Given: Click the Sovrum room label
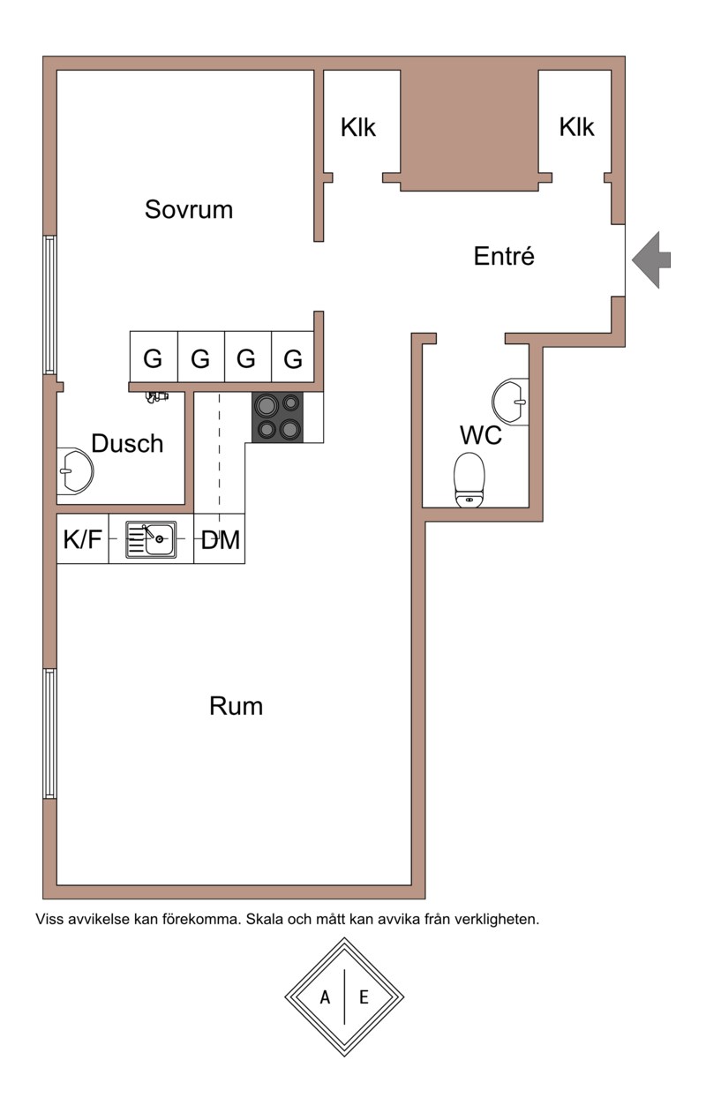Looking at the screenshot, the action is [x=189, y=210].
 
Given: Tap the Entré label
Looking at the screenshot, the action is [x=504, y=256].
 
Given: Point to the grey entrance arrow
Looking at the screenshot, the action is [x=651, y=259].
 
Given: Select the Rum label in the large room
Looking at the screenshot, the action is [x=236, y=706].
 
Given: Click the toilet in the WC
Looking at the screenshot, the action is [x=469, y=480].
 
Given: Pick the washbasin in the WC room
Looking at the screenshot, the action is [x=510, y=402].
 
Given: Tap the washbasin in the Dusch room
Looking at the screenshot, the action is [x=75, y=471].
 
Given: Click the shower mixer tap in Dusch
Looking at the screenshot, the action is [x=157, y=397].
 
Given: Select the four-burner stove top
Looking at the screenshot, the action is [x=278, y=417].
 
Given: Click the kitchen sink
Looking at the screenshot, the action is [x=151, y=539].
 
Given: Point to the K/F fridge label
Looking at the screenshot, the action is [x=82, y=539].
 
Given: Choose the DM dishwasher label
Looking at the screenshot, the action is [x=220, y=539].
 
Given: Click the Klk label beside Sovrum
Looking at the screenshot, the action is [x=358, y=128].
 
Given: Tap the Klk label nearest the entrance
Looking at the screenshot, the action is [x=577, y=127].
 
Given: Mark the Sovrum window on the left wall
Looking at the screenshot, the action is [x=49, y=305].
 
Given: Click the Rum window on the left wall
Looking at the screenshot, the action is [x=49, y=733].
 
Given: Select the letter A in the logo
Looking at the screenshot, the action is [x=325, y=997].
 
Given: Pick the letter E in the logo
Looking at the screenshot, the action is [x=364, y=997].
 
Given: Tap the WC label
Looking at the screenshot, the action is [x=481, y=435].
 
